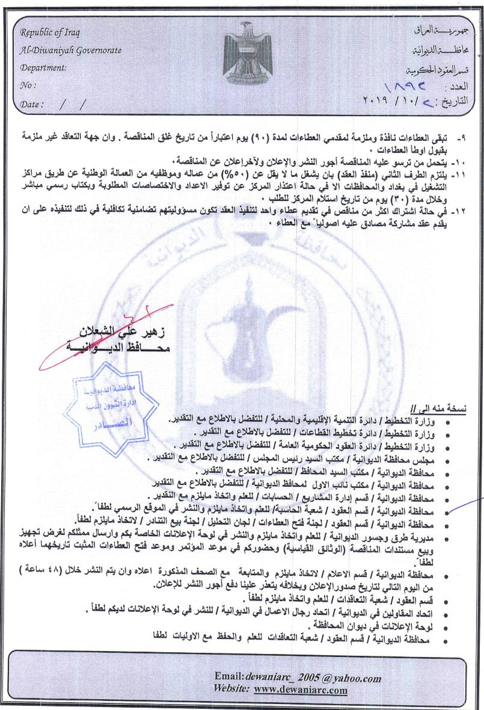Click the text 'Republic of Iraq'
pyautogui.click(x=50, y=32)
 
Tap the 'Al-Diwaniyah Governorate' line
pyautogui.click(x=71, y=51)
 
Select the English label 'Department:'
pyautogui.click(x=43, y=68)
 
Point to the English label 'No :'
pyautogui.click(x=28, y=85)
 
